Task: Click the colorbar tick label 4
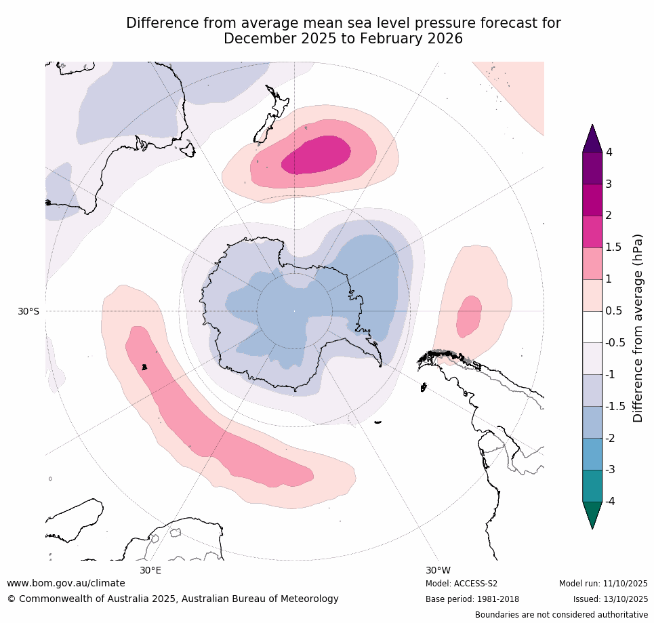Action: coord(609,152)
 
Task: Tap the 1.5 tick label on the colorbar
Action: coord(613,247)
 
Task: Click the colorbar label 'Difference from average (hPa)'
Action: coord(638,328)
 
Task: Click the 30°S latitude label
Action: coord(28,311)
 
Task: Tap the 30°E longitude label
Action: coord(150,570)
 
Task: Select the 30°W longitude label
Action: coord(438,570)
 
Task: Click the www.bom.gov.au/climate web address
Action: coord(66,583)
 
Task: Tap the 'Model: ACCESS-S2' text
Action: coord(462,584)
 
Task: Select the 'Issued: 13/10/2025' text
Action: coord(611,599)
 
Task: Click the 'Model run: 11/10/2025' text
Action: coord(603,584)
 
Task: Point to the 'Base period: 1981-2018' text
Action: coord(472,599)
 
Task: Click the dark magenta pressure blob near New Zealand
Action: coord(317,155)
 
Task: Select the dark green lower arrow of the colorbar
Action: coord(592,513)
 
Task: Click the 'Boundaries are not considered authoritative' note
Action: coord(561,615)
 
